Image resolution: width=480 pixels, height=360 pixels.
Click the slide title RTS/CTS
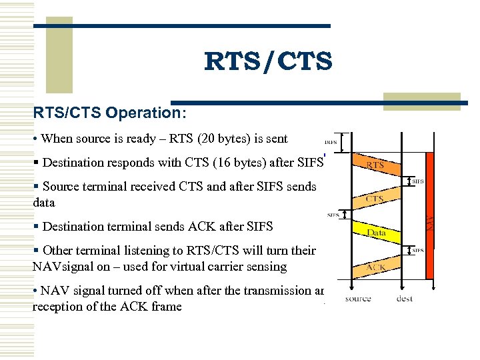[x=268, y=62]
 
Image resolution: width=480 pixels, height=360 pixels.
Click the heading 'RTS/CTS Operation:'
[x=110, y=113]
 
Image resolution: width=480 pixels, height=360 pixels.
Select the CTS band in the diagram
[x=375, y=198]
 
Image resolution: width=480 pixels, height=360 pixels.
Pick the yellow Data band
[x=377, y=232]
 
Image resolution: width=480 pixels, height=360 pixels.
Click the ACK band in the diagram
[x=375, y=267]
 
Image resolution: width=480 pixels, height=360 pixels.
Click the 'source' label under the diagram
[x=358, y=299]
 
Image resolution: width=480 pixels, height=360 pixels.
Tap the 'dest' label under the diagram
[x=404, y=299]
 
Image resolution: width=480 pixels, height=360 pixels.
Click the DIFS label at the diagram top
[x=330, y=142]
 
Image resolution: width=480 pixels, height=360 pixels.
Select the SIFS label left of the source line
[x=332, y=215]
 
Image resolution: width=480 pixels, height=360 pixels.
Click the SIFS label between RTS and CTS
[x=418, y=181]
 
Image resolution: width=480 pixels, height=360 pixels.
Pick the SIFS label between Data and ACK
[x=418, y=250]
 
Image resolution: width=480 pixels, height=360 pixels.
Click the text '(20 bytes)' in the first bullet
[x=231, y=139]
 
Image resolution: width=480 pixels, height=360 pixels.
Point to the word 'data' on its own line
[x=45, y=201]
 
